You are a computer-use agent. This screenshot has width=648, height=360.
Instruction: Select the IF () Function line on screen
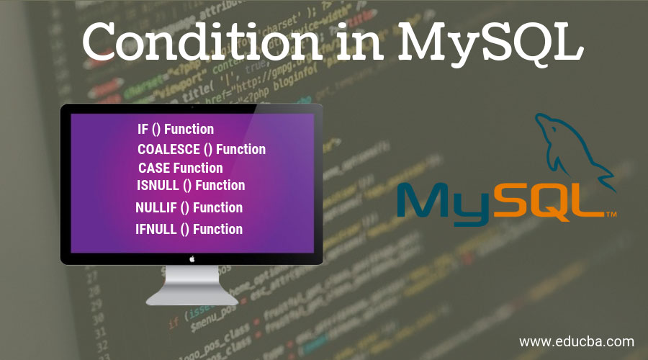[x=176, y=130]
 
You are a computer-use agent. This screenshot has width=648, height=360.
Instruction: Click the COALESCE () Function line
[x=202, y=150]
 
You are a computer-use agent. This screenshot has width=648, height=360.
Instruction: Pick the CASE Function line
[x=180, y=168]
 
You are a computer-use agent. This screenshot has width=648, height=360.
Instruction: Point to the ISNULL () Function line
[x=191, y=186]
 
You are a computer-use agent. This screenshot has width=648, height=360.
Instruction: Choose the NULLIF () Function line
[x=189, y=207]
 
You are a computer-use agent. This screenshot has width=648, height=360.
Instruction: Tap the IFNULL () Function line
[x=189, y=229]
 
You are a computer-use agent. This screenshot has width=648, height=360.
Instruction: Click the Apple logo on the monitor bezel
[x=192, y=257]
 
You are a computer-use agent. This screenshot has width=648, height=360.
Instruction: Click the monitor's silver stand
[x=192, y=284]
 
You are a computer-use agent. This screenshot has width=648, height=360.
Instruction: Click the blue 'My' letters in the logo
[x=450, y=201]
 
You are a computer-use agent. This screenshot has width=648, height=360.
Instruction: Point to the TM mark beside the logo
[x=611, y=215]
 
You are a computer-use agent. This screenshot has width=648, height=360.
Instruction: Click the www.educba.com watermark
[x=576, y=341]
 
